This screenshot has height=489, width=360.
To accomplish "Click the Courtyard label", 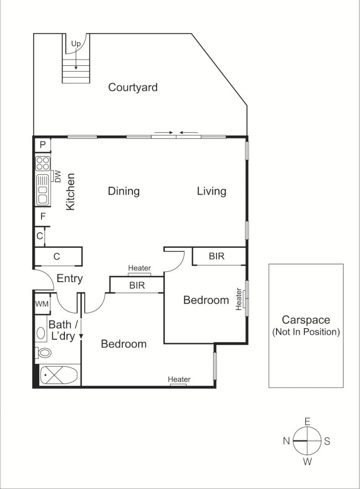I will tap(132, 87).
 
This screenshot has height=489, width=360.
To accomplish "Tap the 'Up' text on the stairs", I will tap(76, 44).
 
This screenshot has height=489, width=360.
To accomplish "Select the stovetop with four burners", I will tap(43, 163).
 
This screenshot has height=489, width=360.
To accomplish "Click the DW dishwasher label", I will tap(57, 176).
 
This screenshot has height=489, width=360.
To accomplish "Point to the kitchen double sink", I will tap(43, 189).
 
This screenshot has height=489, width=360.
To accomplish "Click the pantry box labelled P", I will tap(42, 145).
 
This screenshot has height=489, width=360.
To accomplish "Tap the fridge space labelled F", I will tap(42, 216).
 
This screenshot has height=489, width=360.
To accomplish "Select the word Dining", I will tap(123, 191).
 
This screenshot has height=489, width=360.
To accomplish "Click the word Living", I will tap(211, 191).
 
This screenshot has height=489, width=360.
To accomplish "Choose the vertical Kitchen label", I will tap(70, 191).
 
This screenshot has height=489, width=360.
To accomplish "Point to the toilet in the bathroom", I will tap(44, 352).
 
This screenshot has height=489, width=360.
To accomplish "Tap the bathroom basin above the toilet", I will tap(41, 333).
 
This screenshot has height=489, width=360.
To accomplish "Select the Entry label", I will tap(69, 279).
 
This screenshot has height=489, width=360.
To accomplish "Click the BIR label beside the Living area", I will tap(217, 256).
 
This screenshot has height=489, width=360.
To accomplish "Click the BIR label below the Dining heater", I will tap(137, 285).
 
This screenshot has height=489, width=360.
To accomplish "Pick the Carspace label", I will tap(305, 320).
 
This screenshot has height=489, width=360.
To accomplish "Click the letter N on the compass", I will tap(287, 441).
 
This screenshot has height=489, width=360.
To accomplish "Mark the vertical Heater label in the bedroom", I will tap(238, 299).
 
